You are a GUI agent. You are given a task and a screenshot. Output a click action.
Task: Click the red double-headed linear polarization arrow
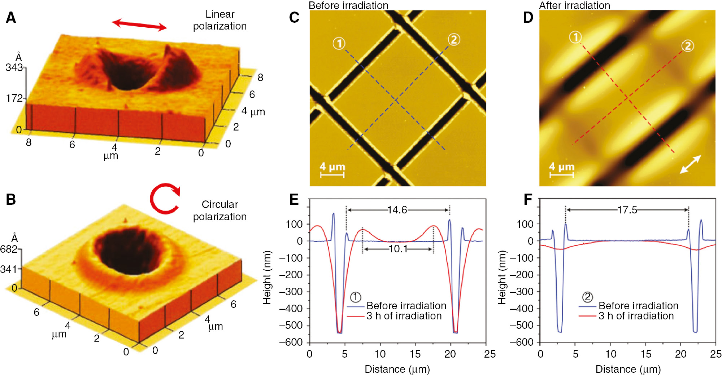click(x=139, y=25)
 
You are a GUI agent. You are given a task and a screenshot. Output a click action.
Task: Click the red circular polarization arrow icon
click(x=165, y=199)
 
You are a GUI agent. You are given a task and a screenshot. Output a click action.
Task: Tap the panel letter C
click(x=294, y=18)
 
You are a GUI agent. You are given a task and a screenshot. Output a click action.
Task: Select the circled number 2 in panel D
click(x=687, y=46)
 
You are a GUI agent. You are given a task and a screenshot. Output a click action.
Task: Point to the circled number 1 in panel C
click(x=339, y=44)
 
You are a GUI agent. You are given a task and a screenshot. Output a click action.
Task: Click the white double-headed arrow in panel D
click(x=690, y=164)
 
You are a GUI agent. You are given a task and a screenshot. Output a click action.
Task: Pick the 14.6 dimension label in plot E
click(x=397, y=210)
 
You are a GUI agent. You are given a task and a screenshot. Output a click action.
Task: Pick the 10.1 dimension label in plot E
click(x=398, y=249)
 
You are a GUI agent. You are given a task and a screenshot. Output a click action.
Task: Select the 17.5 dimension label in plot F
click(x=627, y=210)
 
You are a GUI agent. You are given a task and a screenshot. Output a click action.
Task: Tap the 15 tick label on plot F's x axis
click(x=646, y=354)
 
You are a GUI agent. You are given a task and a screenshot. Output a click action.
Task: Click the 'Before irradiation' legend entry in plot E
click(x=406, y=306)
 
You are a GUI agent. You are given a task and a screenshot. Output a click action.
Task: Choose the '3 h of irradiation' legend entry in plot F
click(x=636, y=316)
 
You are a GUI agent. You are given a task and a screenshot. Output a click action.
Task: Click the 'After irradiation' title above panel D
click(x=574, y=5)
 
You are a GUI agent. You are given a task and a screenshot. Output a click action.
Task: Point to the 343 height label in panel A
click(x=14, y=67)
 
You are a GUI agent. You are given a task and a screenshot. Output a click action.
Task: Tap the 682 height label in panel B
click(x=9, y=249)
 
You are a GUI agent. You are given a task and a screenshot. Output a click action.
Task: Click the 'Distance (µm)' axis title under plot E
click(x=397, y=369)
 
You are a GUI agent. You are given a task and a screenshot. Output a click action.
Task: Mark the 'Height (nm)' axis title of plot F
click(x=502, y=278)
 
